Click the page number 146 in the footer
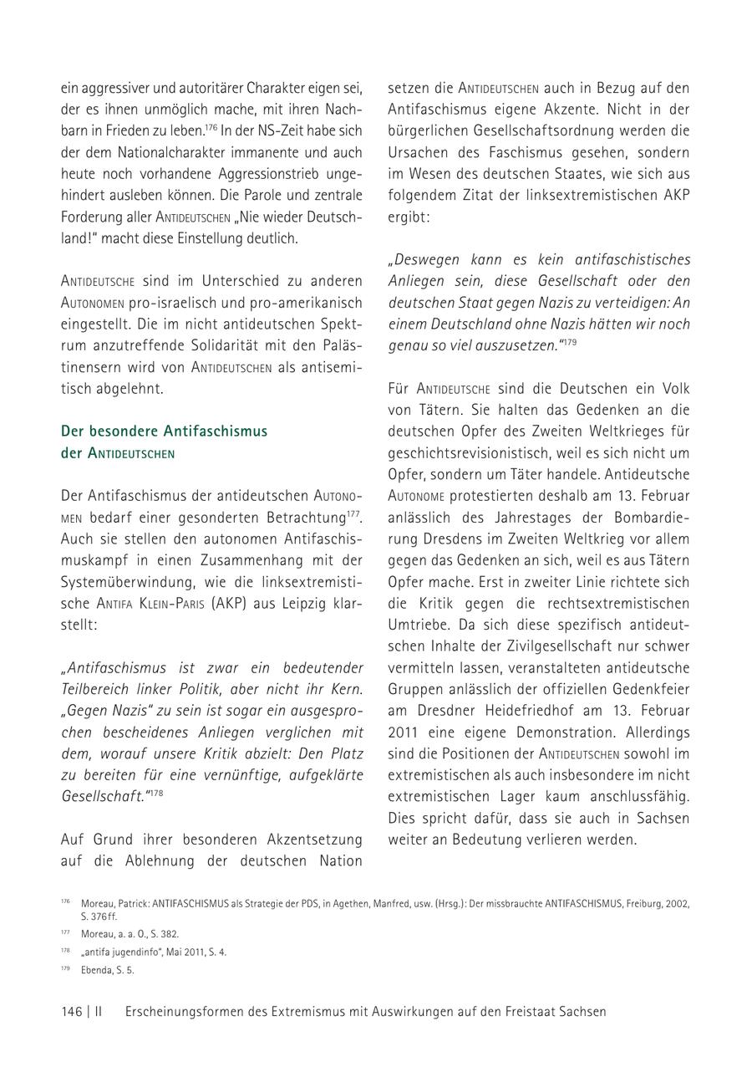(71, 1011)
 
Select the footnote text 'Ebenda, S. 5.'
(107, 970)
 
